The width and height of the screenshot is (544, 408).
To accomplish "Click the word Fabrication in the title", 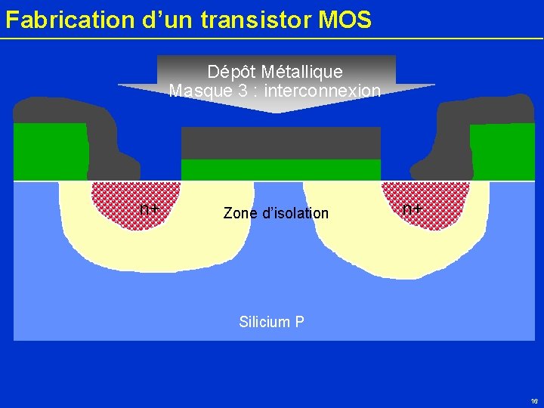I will [x=60, y=20].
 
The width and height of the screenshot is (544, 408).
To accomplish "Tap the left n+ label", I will [x=149, y=209].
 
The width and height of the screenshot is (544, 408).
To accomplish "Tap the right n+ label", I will [x=412, y=209].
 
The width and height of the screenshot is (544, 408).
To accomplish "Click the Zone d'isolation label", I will [x=276, y=213].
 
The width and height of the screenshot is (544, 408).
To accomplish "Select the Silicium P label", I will [x=271, y=322].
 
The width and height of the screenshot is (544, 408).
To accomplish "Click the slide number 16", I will [x=534, y=400].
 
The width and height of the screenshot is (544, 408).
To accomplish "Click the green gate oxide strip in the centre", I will [x=280, y=169].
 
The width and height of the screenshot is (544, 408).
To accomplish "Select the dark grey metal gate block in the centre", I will [x=280, y=143].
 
